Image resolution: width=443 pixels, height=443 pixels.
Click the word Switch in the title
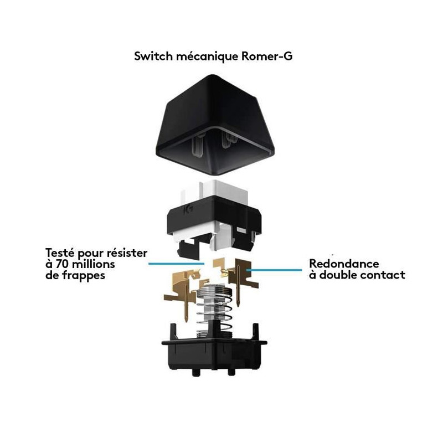[x=151, y=56]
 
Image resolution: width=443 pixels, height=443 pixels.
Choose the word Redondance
[x=344, y=264]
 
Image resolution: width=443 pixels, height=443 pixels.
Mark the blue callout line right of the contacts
[x=277, y=269]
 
